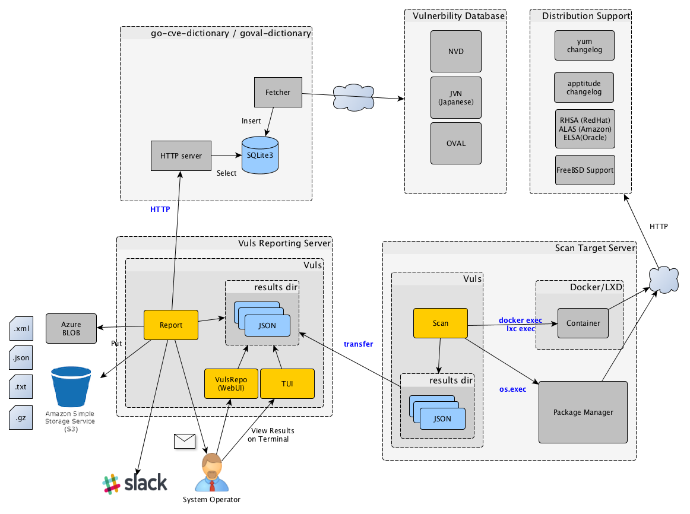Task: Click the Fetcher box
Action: click(278, 92)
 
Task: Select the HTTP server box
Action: click(181, 156)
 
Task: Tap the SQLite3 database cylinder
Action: click(260, 156)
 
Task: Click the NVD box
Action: click(456, 52)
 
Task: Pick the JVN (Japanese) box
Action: click(456, 97)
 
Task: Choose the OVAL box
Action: click(456, 143)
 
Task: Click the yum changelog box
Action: click(584, 46)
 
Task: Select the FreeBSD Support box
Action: click(585, 170)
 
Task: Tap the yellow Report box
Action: click(171, 325)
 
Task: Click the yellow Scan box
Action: click(441, 323)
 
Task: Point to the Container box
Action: click(583, 323)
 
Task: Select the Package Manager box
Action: click(583, 412)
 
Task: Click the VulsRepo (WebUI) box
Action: click(230, 383)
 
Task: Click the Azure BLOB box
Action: click(71, 328)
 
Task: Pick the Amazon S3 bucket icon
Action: click(71, 389)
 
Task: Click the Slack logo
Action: click(135, 483)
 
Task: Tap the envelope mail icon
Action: click(185, 440)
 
